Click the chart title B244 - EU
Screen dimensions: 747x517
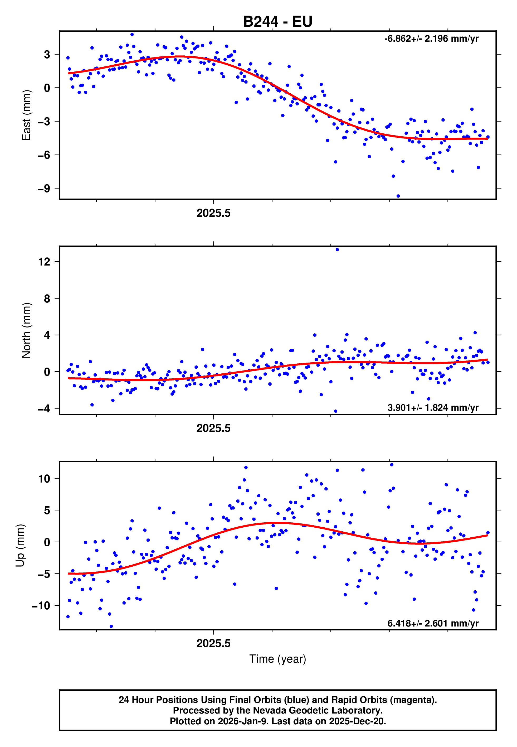point(278,22)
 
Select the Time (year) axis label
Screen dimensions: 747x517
point(278,659)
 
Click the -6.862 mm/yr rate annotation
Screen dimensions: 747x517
point(431,39)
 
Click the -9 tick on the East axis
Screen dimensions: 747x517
point(44,189)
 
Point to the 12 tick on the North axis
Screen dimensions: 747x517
point(44,262)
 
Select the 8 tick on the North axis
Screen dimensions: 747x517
point(47,298)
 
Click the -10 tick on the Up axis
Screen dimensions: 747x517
point(41,606)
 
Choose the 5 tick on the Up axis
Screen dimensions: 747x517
point(47,510)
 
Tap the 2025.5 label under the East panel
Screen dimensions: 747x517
point(213,213)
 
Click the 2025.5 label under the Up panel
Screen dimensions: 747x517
point(213,643)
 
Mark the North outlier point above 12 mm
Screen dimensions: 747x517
point(337,249)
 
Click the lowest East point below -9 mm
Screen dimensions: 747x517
point(398,196)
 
